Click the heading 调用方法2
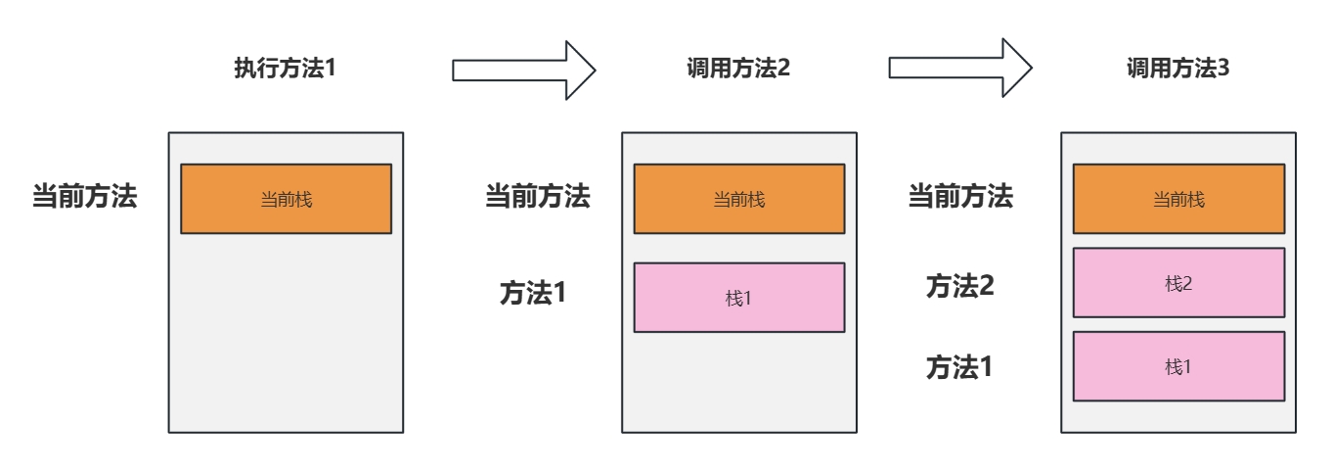pyautogui.click(x=738, y=70)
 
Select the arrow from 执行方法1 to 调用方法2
pyautogui.click(x=523, y=70)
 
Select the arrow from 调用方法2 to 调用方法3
pyautogui.click(x=959, y=70)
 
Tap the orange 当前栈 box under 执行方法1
pyautogui.click(x=286, y=199)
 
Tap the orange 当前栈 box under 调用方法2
pyautogui.click(x=738, y=199)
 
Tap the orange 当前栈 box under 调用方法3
pyautogui.click(x=1178, y=199)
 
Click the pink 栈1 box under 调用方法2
pyautogui.click(x=738, y=298)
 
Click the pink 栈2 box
pyautogui.click(x=1178, y=283)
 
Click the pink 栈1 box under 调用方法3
pyautogui.click(x=1178, y=366)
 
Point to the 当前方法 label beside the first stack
pyautogui.click(x=84, y=197)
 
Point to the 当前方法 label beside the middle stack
pyautogui.click(x=538, y=197)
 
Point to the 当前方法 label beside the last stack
pyautogui.click(x=960, y=197)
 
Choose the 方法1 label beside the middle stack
pyautogui.click(x=533, y=293)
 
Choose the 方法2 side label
pyautogui.click(x=960, y=286)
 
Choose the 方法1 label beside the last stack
pyautogui.click(x=960, y=367)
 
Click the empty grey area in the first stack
pyautogui.click(x=286, y=333)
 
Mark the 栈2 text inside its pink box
pyautogui.click(x=1178, y=284)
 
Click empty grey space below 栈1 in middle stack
pyautogui.click(x=738, y=384)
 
